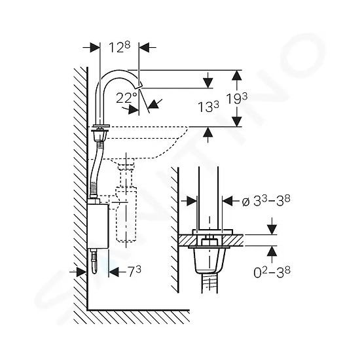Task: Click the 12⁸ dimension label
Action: tap(119, 47)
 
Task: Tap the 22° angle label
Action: tap(126, 98)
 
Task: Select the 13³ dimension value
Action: tap(208, 107)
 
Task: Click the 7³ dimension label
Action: tap(135, 272)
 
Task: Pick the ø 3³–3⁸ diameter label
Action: tap(266, 201)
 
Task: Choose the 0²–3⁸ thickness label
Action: tap(272, 272)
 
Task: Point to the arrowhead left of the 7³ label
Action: tap(114, 272)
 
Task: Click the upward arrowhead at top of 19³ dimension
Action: tap(237, 75)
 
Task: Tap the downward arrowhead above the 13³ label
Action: tap(207, 83)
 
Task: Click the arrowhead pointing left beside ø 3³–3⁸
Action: tap(228, 201)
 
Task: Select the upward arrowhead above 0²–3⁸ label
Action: tap(272, 251)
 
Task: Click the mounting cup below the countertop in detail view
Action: tap(209, 261)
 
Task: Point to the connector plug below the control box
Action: tap(94, 261)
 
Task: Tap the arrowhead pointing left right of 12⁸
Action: tap(144, 47)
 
